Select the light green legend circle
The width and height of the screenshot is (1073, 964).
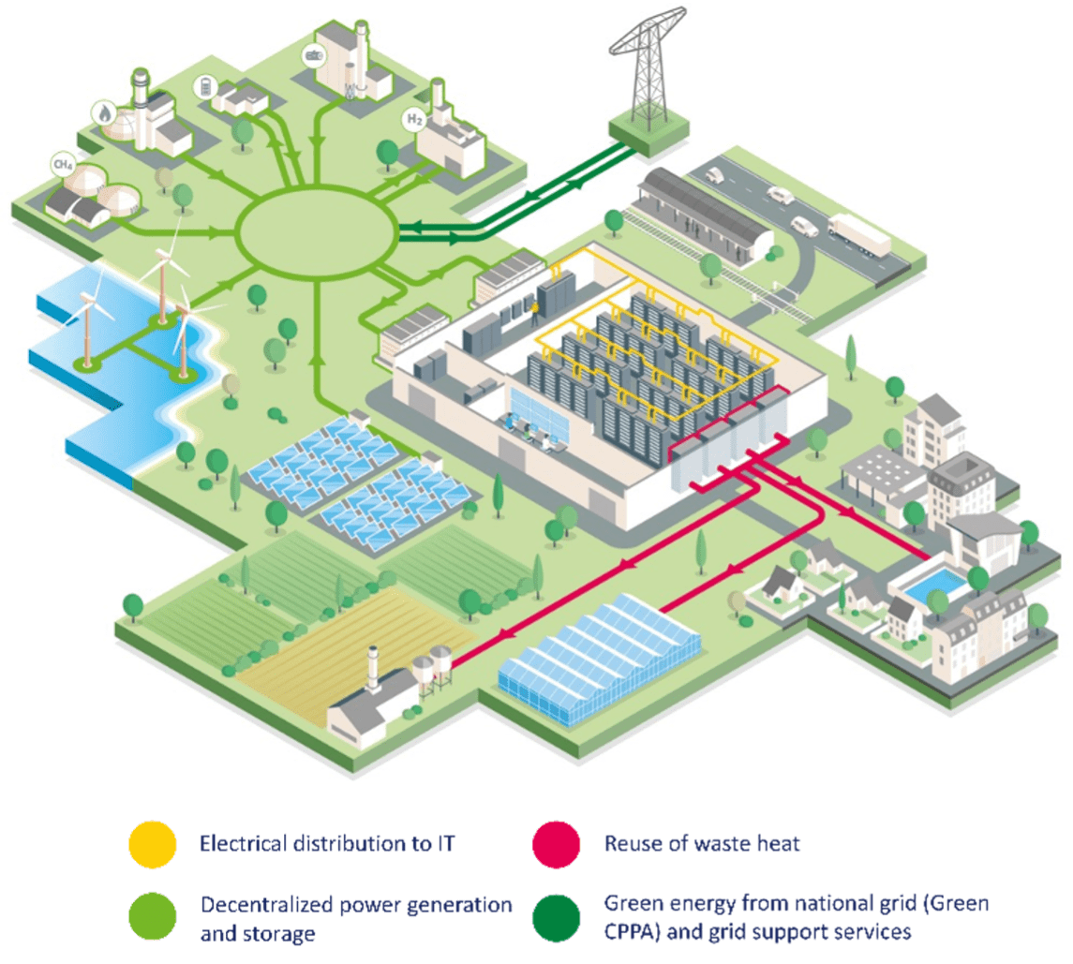[x=152, y=915]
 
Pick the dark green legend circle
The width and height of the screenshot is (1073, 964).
[x=554, y=915]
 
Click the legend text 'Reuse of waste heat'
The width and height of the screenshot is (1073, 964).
[x=702, y=844]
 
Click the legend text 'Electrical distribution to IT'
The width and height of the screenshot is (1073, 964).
[x=327, y=844]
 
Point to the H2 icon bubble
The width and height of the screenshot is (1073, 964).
[x=414, y=119]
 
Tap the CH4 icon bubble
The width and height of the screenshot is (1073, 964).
[x=63, y=166]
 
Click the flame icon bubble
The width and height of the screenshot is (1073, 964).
[x=102, y=113]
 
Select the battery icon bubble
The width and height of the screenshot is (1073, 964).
[x=203, y=87]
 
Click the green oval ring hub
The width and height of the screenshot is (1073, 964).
[x=317, y=227]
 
